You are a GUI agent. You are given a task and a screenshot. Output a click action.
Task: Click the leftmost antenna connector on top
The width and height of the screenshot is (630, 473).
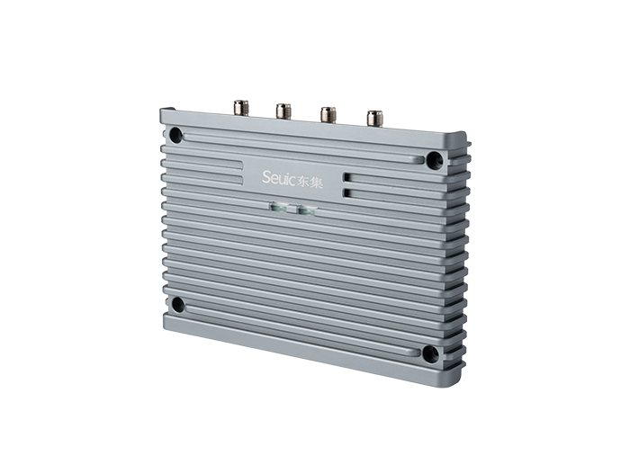[240, 109]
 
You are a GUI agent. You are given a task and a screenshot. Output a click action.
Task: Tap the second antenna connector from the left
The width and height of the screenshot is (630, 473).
[283, 111]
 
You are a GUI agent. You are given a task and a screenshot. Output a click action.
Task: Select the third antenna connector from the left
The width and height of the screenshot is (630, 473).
[328, 113]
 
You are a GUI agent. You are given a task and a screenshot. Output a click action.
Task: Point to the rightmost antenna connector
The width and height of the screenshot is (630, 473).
[374, 117]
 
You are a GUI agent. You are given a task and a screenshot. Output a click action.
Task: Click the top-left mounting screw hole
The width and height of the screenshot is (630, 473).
[176, 135]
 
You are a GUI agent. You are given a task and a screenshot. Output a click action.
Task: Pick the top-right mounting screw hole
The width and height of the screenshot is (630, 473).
[434, 160]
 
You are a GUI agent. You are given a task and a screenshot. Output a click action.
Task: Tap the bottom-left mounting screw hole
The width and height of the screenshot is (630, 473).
[177, 305]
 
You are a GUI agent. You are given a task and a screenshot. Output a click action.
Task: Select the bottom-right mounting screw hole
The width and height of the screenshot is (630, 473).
[430, 353]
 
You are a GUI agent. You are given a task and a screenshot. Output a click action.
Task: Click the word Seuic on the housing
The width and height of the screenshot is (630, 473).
[279, 177]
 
